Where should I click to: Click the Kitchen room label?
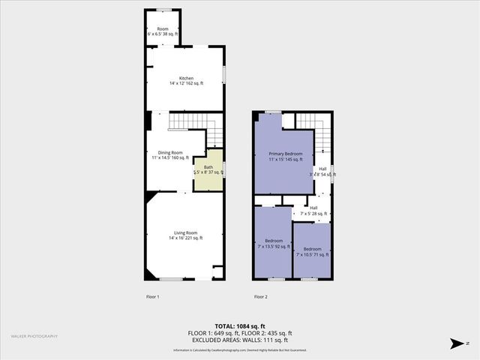click(186, 78)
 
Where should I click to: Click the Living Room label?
click(186, 232)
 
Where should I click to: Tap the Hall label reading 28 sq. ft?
click(313, 208)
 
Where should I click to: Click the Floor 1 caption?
click(152, 297)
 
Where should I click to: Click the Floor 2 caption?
click(260, 297)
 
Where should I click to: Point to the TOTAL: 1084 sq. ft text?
click(239, 326)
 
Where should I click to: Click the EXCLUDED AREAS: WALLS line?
click(239, 340)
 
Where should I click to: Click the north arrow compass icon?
click(455, 343)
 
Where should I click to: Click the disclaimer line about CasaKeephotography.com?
click(239, 350)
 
